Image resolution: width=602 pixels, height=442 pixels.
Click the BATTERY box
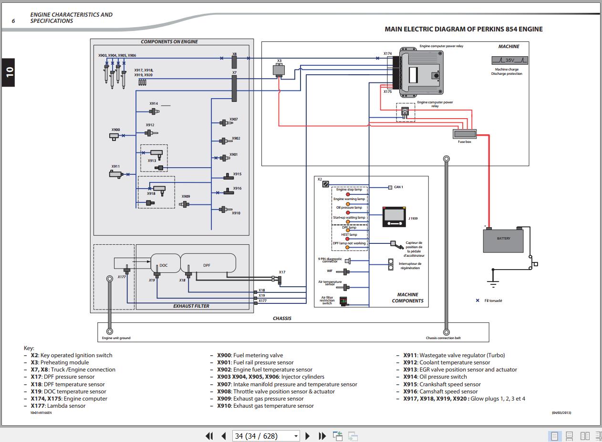click(503, 241)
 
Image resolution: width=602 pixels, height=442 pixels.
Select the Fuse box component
click(465, 134)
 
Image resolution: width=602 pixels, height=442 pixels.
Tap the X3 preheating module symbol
click(279, 70)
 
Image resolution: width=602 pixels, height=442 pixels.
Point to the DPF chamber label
click(207, 265)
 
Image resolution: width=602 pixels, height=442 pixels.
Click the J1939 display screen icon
click(394, 217)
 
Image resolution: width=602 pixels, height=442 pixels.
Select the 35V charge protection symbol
click(509, 60)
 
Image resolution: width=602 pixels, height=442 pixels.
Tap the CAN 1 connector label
click(398, 187)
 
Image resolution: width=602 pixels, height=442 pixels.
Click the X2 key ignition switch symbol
click(325, 184)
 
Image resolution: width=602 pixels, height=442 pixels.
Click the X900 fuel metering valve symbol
click(114, 137)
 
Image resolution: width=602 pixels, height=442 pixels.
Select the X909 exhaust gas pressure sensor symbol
click(184, 204)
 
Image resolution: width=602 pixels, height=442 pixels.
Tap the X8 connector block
click(234, 62)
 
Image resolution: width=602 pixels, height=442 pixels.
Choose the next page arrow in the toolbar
click(308, 436)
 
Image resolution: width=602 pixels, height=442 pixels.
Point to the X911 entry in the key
click(454, 355)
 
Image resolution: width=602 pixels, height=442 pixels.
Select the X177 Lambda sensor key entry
click(58, 406)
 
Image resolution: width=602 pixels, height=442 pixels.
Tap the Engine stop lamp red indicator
click(348, 194)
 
